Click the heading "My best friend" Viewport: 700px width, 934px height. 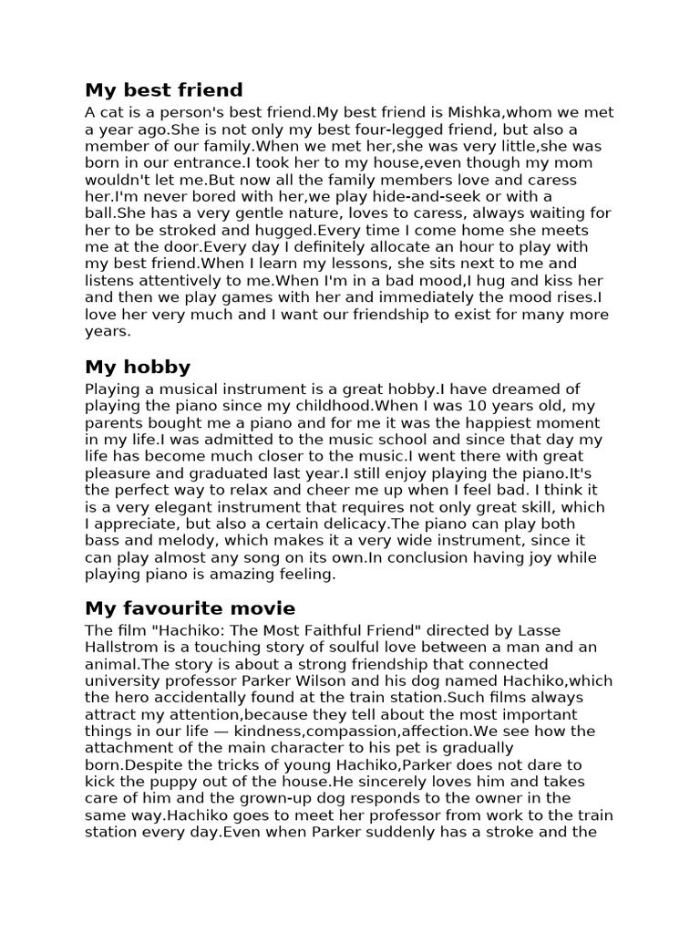click(164, 90)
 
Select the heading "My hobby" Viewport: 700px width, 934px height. click(138, 368)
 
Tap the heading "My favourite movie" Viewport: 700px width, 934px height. click(190, 608)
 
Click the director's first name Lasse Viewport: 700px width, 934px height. click(568, 630)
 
